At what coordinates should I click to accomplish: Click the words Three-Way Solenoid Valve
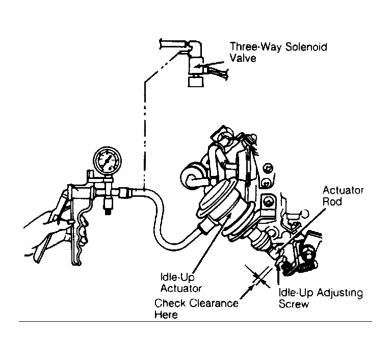[278, 53]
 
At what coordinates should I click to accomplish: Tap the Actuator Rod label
[343, 196]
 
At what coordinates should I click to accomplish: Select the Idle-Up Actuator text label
[181, 282]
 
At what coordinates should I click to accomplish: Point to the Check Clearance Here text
[196, 309]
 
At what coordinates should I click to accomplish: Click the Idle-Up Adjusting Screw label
[321, 298]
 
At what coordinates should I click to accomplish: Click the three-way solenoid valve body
[196, 65]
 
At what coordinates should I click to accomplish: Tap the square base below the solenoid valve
[196, 82]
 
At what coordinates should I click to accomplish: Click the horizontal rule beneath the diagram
[195, 322]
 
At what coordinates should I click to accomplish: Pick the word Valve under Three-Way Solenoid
[243, 58]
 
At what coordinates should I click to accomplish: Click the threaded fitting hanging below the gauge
[108, 204]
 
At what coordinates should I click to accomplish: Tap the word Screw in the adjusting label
[294, 304]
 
